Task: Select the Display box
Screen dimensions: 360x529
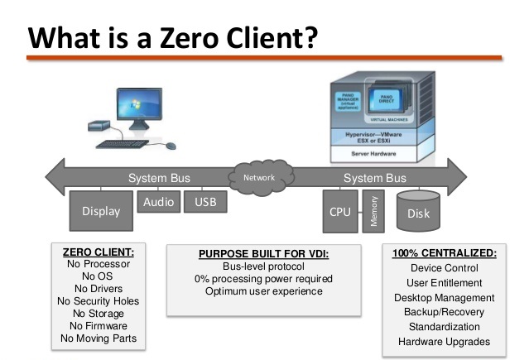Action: coord(100,211)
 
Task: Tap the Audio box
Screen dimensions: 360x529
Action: coord(157,202)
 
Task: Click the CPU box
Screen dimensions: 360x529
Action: coord(340,212)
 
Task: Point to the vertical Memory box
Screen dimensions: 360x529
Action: coord(375,211)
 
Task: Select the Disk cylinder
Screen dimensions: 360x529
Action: coord(419,212)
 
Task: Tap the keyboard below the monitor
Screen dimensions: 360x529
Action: coord(123,144)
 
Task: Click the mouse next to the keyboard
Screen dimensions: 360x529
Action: coord(171,146)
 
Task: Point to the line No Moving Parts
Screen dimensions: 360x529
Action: coord(99,338)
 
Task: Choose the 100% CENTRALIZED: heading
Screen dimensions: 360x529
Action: coord(444,252)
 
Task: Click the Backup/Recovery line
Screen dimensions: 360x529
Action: coord(444,312)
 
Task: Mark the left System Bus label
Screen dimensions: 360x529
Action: coord(159,178)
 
